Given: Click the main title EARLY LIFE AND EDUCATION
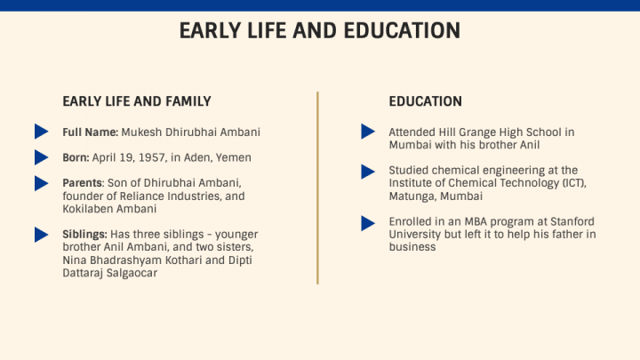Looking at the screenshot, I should (320, 30).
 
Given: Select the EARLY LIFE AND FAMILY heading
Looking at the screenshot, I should (136, 101).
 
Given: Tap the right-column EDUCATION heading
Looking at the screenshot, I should (425, 101).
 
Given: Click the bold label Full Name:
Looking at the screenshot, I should (90, 132).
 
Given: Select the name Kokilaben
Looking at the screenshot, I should (90, 209).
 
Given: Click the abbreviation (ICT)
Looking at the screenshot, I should (569, 183).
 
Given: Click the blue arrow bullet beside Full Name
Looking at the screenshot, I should (41, 132).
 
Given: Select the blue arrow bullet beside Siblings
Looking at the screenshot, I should (41, 235).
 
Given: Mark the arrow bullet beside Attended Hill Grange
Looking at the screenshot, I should (367, 132).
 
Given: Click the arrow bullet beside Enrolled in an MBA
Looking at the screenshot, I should (367, 221).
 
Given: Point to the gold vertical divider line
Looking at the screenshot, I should (317, 187).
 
